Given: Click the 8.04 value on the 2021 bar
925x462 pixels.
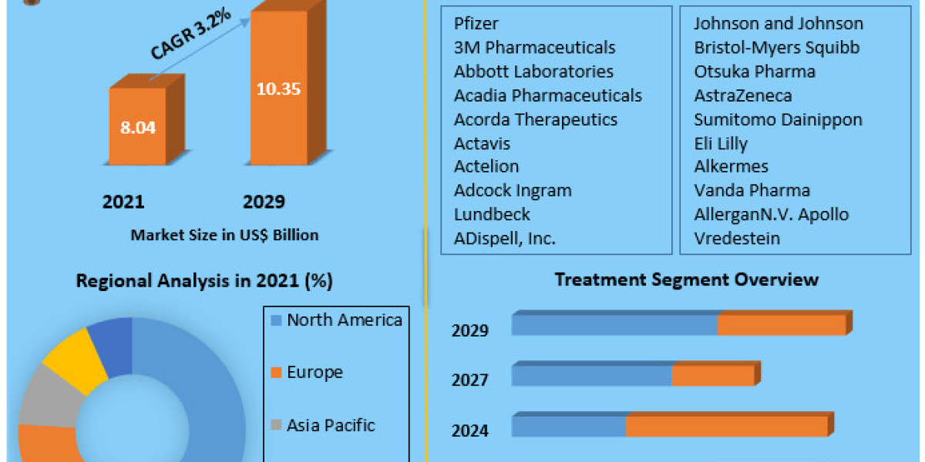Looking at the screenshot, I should [138, 127].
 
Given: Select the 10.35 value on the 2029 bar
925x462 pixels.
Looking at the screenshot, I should [278, 88].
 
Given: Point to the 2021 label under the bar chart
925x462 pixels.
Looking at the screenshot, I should [123, 202].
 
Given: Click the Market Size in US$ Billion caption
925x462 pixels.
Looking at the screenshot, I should [224, 235].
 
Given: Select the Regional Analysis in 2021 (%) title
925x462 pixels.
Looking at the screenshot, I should [204, 281].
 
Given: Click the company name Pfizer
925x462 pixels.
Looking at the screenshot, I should [476, 24].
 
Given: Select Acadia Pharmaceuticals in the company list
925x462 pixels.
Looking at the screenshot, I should [548, 95].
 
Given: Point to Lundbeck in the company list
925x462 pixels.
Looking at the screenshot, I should [492, 214].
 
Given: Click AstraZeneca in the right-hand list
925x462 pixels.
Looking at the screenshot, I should [742, 95].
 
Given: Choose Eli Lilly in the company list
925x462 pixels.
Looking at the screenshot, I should [721, 143].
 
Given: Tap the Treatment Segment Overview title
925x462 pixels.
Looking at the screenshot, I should [687, 279].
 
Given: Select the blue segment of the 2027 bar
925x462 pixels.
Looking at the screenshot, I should [591, 376].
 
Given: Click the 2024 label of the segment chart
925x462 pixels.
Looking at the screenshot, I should [470, 430].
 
